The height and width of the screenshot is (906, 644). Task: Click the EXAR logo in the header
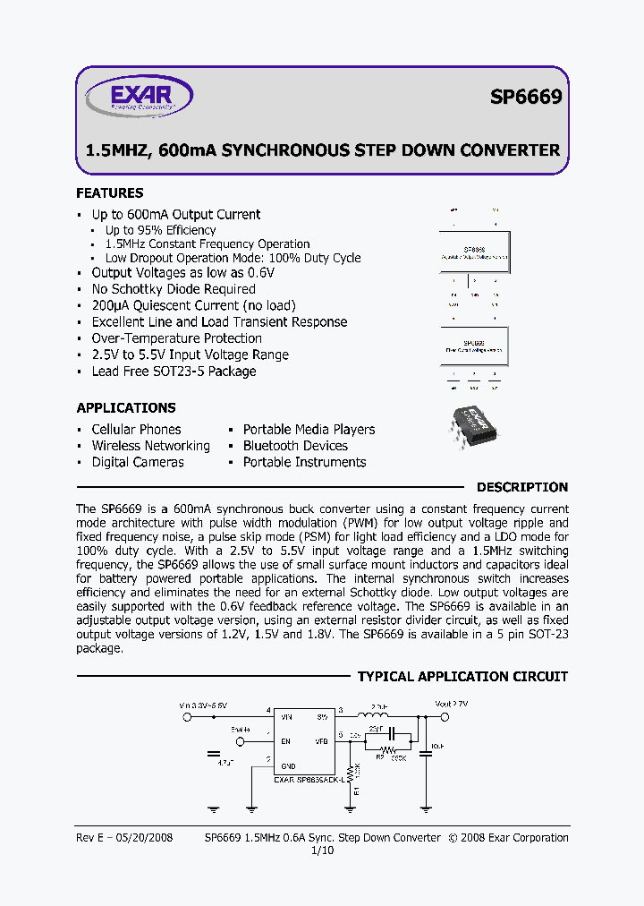(x=139, y=96)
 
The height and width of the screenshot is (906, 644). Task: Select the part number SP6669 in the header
(x=525, y=98)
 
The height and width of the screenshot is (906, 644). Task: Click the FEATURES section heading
(x=109, y=193)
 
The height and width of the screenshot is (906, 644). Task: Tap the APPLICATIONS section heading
(x=125, y=407)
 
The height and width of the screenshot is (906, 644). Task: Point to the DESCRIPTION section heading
(x=521, y=487)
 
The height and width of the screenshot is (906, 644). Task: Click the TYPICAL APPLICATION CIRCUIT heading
(x=462, y=677)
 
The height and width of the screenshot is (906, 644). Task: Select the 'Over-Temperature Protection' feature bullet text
(x=176, y=338)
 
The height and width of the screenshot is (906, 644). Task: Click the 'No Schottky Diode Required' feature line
(x=174, y=289)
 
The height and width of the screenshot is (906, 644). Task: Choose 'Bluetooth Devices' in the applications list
(x=295, y=446)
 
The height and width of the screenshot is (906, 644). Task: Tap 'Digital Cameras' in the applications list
(x=138, y=462)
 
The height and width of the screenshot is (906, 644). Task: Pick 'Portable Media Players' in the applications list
(x=309, y=430)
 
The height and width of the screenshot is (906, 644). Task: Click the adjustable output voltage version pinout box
(x=474, y=253)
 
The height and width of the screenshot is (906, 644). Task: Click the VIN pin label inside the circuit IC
(x=286, y=716)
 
